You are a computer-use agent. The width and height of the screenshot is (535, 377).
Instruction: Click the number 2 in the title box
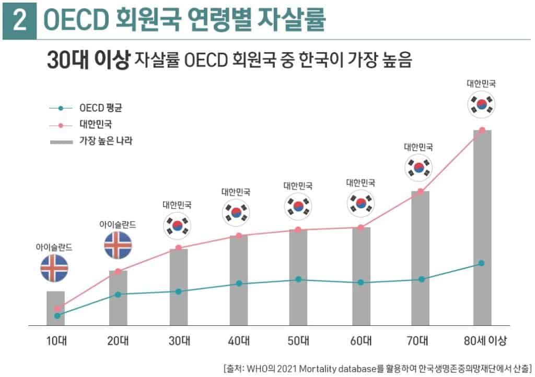[19, 21]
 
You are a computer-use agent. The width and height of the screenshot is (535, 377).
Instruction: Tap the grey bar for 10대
[56, 309]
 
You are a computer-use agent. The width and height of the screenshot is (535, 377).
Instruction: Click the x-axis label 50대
[298, 342]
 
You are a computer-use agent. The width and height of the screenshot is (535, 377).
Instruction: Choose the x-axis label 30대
[178, 342]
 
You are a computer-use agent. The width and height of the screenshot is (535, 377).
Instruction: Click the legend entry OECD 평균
[103, 108]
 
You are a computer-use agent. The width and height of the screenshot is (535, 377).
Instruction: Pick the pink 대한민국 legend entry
[99, 125]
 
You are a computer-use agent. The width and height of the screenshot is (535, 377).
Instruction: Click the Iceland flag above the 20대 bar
[118, 245]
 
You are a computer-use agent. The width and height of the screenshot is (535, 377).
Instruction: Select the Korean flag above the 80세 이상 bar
[481, 104]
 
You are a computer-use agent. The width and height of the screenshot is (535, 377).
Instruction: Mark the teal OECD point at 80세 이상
[481, 263]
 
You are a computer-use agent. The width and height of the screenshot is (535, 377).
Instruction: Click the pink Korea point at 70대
[421, 191]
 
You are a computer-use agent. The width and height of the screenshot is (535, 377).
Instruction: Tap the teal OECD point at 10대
[56, 315]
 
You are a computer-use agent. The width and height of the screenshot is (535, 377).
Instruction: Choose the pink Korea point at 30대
[178, 248]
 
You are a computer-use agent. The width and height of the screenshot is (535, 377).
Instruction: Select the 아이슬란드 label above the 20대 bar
[118, 224]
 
